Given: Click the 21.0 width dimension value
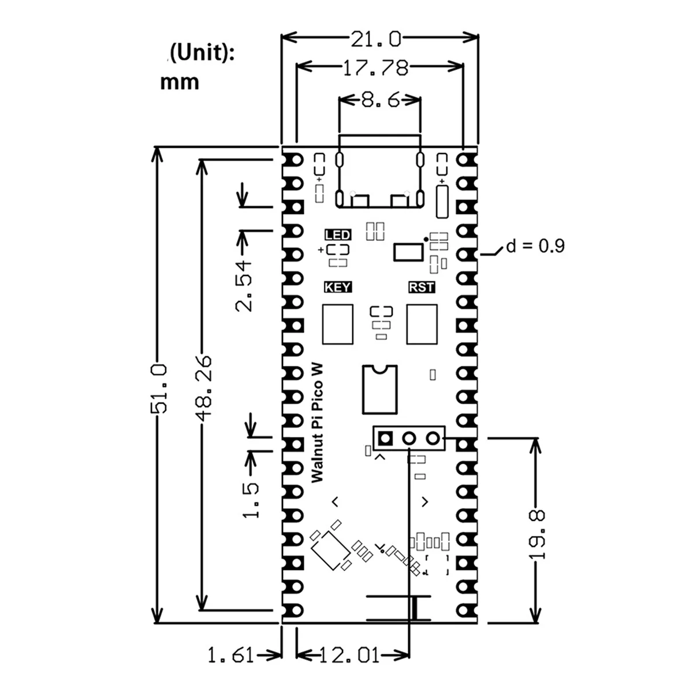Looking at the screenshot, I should coord(375,39).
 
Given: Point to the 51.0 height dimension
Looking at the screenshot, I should coord(159,388).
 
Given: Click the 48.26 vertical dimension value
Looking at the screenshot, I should coord(203,386).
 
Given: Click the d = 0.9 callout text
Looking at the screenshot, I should coord(535,247).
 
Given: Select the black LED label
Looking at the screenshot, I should coord(338,234).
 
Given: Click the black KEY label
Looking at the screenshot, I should coord(338,287).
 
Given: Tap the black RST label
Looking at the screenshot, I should coord(421,287).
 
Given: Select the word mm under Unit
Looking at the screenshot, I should coord(180,82).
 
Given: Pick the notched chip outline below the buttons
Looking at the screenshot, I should coord(379,389).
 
